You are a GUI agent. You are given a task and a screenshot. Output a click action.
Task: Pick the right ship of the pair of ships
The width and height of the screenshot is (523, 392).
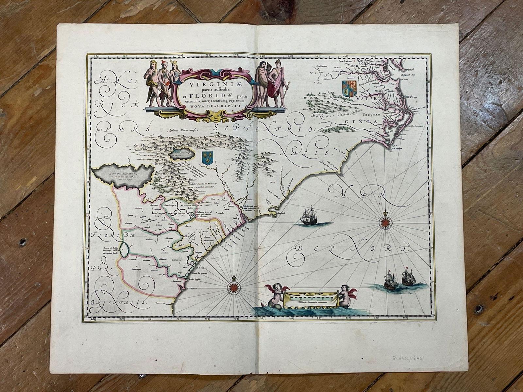407,278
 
